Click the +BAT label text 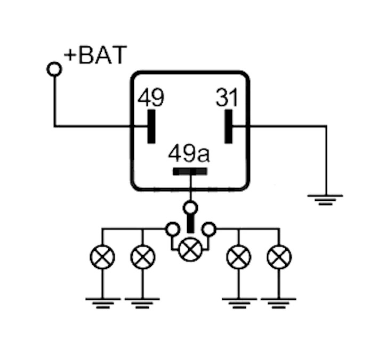(96, 55)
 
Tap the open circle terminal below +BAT (54, 69)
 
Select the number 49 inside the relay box (151, 97)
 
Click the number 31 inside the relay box (227, 97)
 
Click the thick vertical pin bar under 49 (151, 126)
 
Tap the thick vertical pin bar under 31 (228, 126)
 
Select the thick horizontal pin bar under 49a (190, 171)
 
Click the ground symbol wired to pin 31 (325, 200)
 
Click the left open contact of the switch (172, 229)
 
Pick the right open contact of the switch (209, 229)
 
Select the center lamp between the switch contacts (190, 250)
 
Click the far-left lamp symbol (102, 257)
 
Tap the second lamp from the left (143, 257)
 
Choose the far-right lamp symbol (279, 257)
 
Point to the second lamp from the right (238, 257)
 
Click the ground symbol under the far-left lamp (103, 303)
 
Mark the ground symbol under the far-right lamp (279, 303)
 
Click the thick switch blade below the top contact (190, 224)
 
